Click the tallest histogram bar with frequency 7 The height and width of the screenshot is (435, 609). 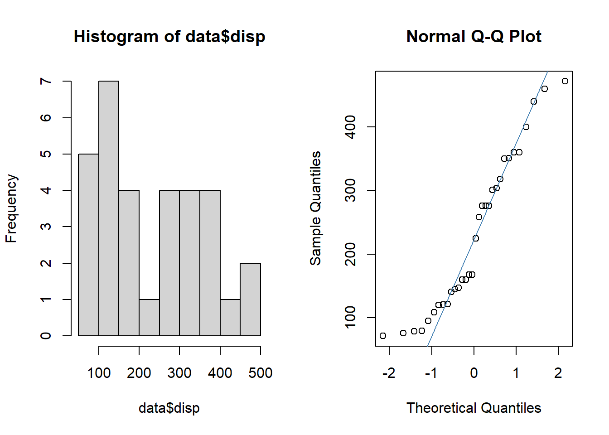(109, 208)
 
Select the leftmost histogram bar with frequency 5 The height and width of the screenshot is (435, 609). (89, 245)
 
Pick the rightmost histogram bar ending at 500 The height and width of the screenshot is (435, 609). (251, 300)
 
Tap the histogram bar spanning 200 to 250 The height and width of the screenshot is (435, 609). (149, 318)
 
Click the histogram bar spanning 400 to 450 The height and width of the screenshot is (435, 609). (230, 318)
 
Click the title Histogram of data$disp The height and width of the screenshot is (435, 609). (169, 36)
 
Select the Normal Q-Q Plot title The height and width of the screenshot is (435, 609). (474, 36)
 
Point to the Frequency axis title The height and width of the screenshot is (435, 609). (11, 208)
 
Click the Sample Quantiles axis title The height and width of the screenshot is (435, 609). (315, 208)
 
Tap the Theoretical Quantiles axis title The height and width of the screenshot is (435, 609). (474, 408)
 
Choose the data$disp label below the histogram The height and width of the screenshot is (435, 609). (169, 408)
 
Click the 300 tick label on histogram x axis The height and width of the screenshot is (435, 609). (179, 373)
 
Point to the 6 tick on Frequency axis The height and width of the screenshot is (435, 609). (46, 118)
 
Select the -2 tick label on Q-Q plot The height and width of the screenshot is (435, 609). (389, 373)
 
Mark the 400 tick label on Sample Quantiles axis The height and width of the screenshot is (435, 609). (350, 127)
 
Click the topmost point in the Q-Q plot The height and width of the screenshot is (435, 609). (565, 81)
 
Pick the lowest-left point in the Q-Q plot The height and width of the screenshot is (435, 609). (383, 336)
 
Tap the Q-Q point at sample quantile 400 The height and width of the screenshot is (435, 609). (526, 127)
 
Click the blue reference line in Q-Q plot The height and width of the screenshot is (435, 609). (488, 208)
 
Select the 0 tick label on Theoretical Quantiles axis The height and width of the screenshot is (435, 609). (474, 373)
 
